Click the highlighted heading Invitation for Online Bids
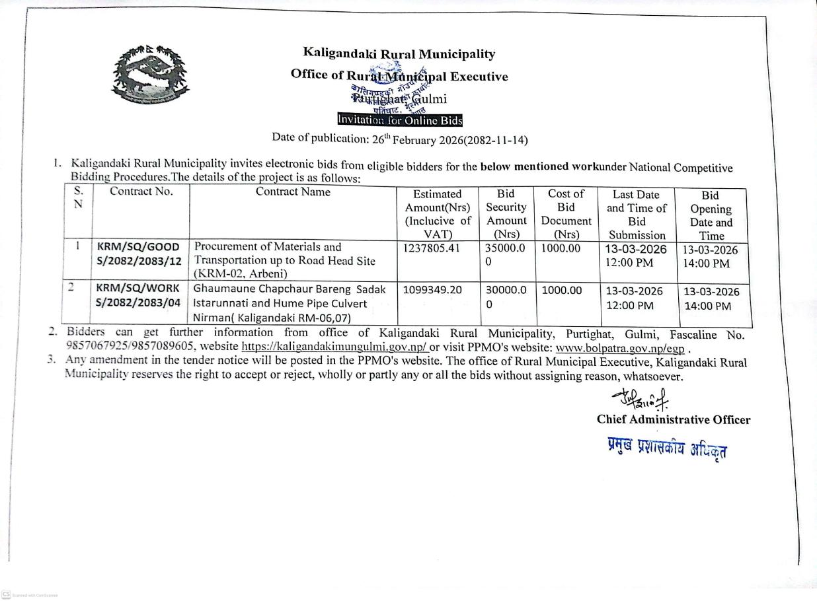tap(399, 120)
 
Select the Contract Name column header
tap(293, 192)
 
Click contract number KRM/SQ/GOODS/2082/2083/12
tap(139, 254)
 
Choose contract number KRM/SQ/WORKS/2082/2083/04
tap(139, 296)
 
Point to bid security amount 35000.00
tap(506, 254)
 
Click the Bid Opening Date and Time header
tap(711, 215)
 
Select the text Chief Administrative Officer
tap(673, 420)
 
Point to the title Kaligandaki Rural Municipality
tap(399, 53)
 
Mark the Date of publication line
tap(399, 139)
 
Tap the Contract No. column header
tap(141, 192)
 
